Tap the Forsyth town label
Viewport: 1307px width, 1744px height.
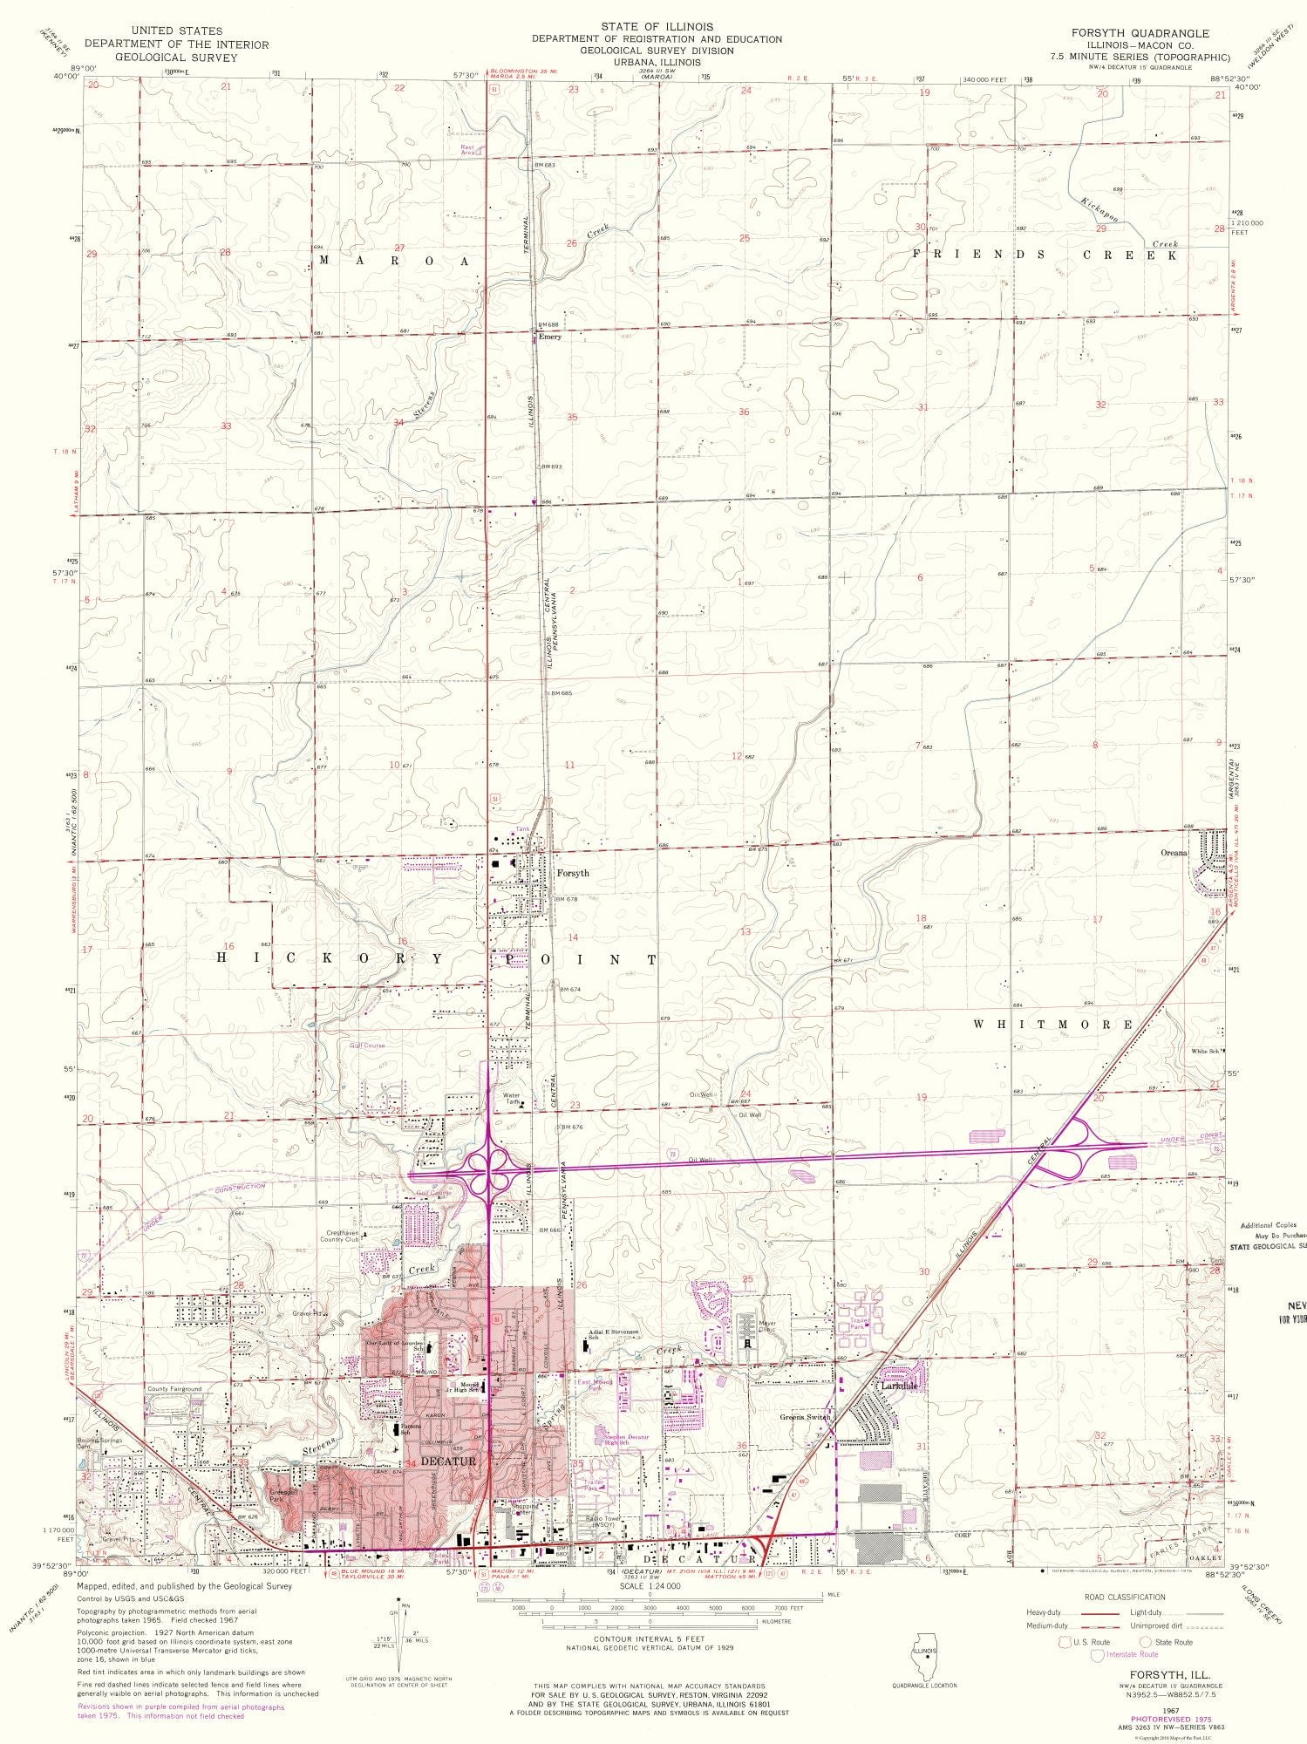tap(573, 873)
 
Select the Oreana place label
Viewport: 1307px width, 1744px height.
tap(1174, 853)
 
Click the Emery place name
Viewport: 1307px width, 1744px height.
tap(549, 337)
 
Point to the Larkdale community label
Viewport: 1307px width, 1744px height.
tap(900, 1385)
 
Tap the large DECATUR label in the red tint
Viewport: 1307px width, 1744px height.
tap(449, 1460)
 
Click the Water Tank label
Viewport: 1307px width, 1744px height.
tap(511, 1099)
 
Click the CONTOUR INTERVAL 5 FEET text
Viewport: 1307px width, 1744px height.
tap(649, 1639)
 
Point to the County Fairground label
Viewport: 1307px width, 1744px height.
tap(174, 1389)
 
